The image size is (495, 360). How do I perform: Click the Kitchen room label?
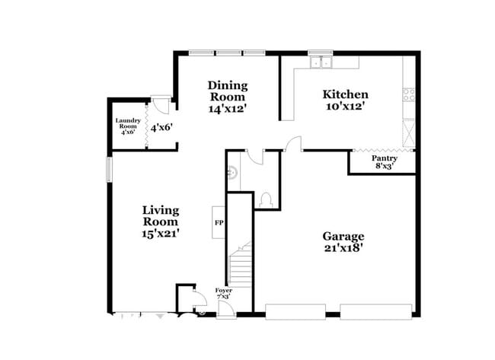click(346, 94)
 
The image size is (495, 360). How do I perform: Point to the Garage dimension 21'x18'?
click(342, 248)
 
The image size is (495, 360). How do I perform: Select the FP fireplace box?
click(218, 223)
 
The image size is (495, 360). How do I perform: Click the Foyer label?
click(223, 291)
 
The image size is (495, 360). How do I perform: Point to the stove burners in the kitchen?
click(409, 95)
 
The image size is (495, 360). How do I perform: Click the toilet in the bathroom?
click(266, 200)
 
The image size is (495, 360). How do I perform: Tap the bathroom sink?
click(232, 173)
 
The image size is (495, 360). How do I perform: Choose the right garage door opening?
click(375, 311)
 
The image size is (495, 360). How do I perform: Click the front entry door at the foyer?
click(225, 307)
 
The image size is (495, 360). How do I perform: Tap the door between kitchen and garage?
click(293, 145)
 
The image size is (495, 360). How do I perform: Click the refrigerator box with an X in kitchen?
click(409, 133)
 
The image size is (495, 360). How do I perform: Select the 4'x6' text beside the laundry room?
click(161, 128)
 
